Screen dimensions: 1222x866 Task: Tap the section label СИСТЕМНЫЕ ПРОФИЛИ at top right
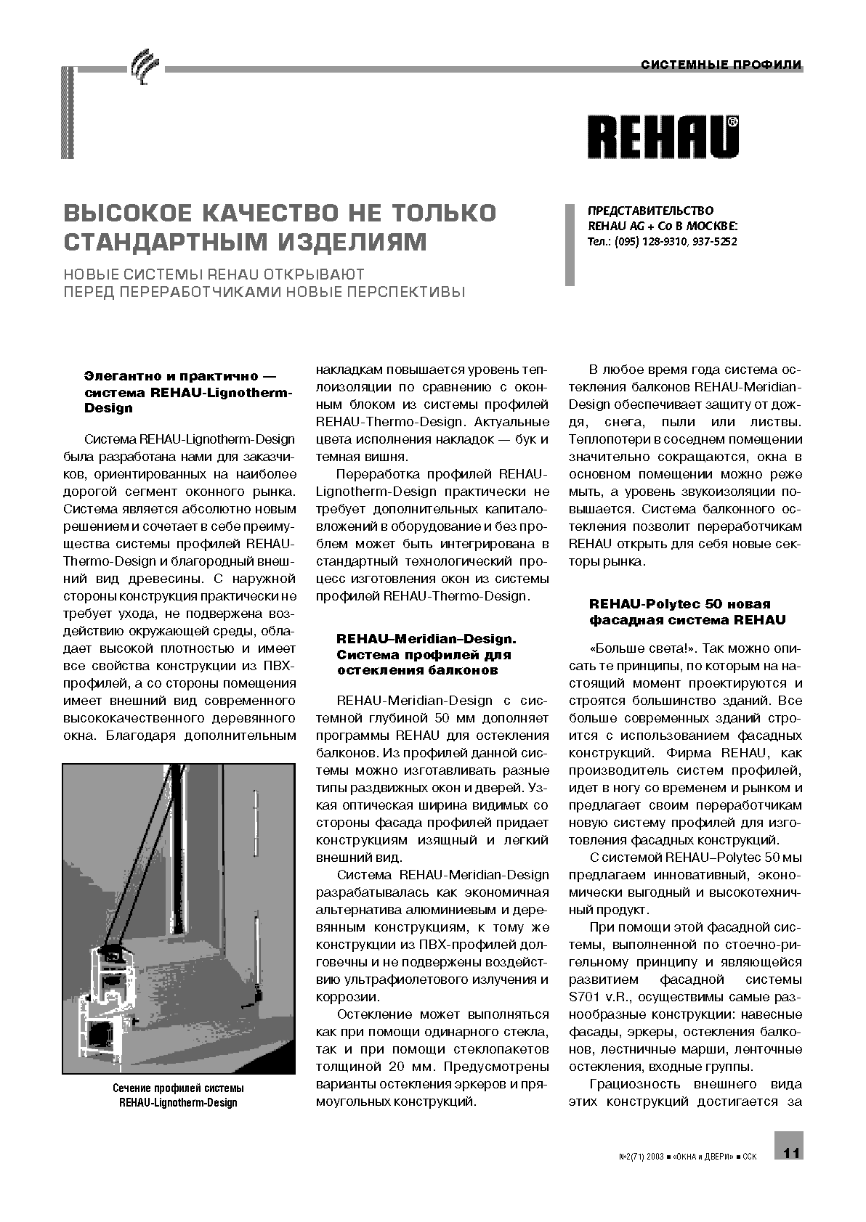tap(721, 65)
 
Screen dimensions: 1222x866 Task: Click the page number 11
tap(791, 1152)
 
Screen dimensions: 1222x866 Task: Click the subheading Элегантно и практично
tap(171, 377)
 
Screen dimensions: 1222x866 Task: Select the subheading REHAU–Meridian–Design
tap(426, 638)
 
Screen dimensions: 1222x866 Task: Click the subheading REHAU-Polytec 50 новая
tap(679, 603)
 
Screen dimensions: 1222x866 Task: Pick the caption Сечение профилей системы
tap(178, 1088)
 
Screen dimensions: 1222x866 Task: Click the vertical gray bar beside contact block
tap(570, 245)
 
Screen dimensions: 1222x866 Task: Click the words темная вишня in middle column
tap(361, 457)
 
